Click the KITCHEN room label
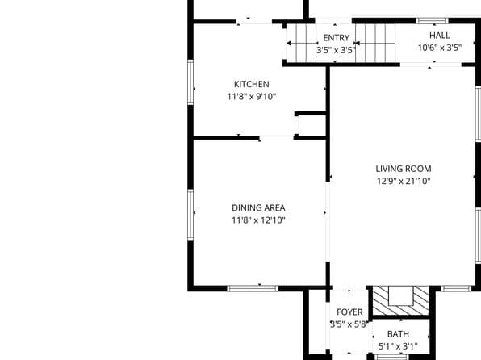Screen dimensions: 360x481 [x=251, y=84]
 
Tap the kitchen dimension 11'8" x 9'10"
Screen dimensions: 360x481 [x=251, y=97]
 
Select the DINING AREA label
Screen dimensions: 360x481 [x=258, y=207]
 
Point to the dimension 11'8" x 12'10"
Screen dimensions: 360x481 [x=258, y=220]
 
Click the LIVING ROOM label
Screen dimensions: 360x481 [x=404, y=169]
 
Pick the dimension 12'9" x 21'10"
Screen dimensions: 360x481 [x=404, y=182]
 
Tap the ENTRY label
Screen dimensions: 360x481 [x=336, y=38]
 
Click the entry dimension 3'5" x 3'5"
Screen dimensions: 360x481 [x=336, y=50]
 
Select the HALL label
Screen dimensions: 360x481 [x=440, y=36]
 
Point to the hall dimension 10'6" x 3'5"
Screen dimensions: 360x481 [x=440, y=48]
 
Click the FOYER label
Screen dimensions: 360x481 [x=349, y=312]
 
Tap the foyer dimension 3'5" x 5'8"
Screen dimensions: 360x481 [x=349, y=324]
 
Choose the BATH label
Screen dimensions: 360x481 [x=398, y=334]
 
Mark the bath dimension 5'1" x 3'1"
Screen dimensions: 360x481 [x=398, y=347]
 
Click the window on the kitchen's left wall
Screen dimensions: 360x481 [x=190, y=82]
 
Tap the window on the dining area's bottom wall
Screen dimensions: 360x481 [x=253, y=288]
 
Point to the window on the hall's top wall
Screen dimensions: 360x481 [x=432, y=19]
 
